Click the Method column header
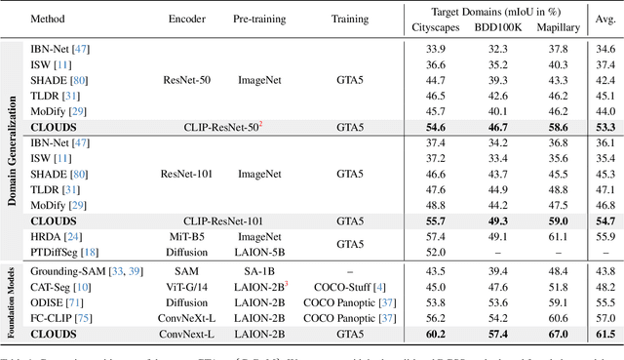[x=48, y=19]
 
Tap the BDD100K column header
[x=498, y=26]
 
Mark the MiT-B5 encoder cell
[x=188, y=235]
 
